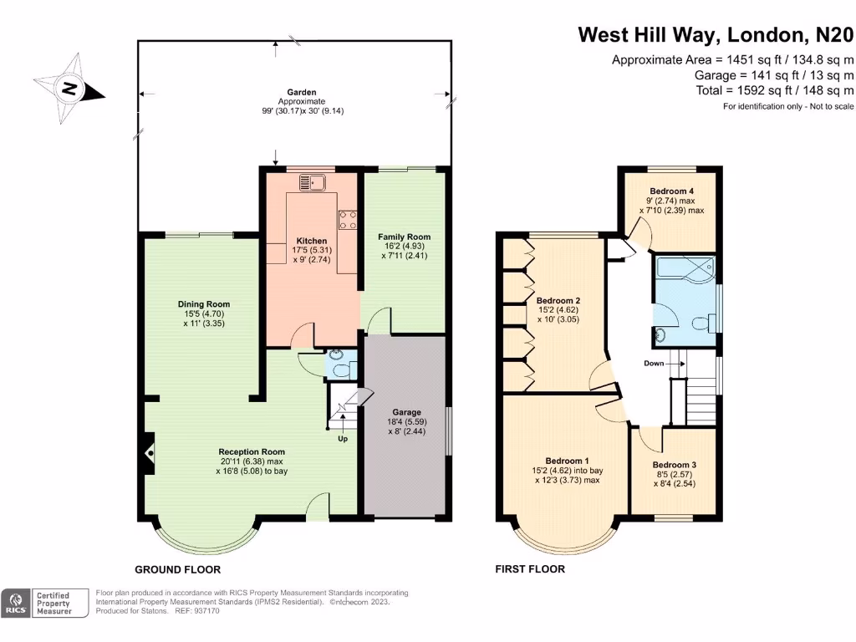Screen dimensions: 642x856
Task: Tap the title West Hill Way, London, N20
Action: click(716, 35)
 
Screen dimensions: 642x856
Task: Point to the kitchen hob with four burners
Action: click(348, 218)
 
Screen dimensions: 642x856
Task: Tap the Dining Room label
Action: click(203, 304)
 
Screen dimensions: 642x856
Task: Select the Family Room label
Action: click(404, 237)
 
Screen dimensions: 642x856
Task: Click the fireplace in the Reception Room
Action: click(149, 453)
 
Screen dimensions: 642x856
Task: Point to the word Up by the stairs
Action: click(343, 438)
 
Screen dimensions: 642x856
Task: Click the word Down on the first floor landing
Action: click(655, 364)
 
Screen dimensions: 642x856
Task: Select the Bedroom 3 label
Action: click(674, 465)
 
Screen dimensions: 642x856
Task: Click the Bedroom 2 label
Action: click(558, 301)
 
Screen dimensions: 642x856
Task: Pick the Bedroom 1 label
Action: click(568, 461)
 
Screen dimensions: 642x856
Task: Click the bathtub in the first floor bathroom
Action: click(684, 268)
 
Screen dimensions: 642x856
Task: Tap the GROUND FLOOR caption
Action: click(179, 569)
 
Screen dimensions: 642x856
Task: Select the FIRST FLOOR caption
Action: click(529, 569)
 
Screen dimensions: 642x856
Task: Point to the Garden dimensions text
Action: click(296, 110)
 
